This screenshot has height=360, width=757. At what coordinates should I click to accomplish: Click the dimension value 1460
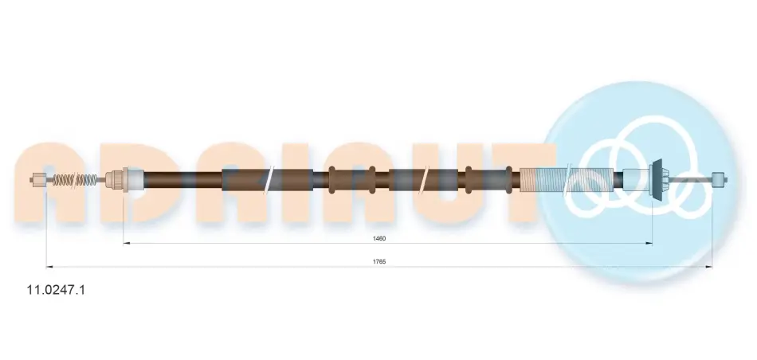[x=379, y=238]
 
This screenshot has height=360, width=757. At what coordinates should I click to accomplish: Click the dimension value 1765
[x=379, y=261]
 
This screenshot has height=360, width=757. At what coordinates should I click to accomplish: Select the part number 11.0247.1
[x=56, y=290]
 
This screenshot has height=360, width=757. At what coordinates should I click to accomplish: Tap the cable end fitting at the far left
[x=37, y=181]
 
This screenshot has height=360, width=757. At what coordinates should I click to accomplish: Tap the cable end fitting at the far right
[x=720, y=181]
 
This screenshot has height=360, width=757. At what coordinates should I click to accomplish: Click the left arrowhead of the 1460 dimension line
[x=126, y=244]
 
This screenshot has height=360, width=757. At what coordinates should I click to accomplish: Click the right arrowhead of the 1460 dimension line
[x=649, y=244]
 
